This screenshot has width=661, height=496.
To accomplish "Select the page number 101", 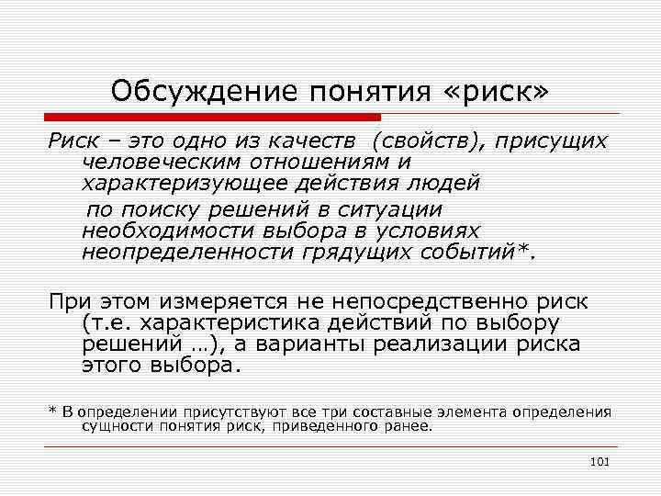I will (x=600, y=460).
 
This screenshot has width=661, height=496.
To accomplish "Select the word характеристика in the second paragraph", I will (x=243, y=324).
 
